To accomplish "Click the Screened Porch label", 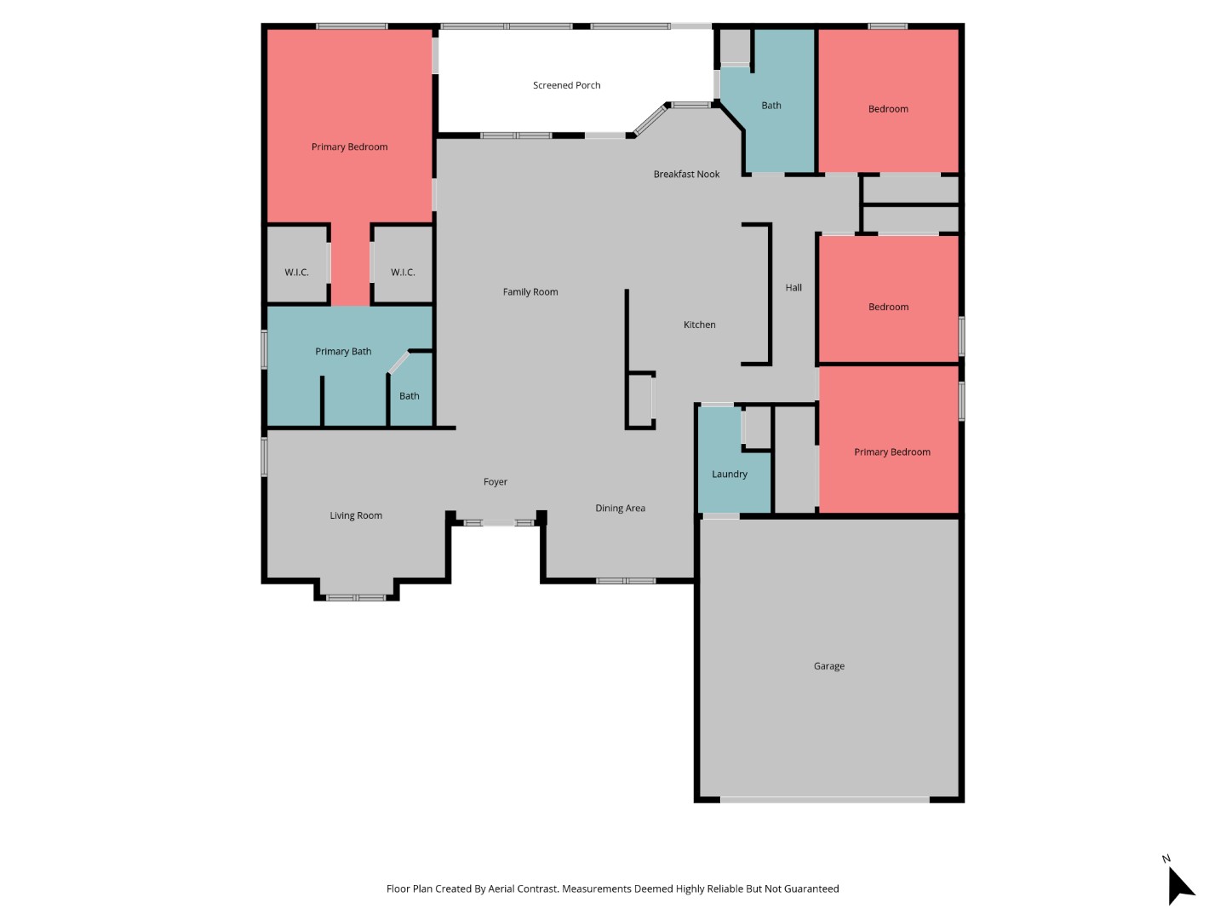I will click(x=566, y=85).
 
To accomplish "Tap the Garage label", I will click(x=828, y=666).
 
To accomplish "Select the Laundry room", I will click(x=730, y=474).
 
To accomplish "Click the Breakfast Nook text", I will click(x=686, y=175).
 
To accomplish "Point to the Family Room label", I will click(x=530, y=292).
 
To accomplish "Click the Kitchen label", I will click(x=699, y=325).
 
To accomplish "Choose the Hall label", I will click(x=793, y=288).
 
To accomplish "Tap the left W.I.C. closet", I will click(x=296, y=273).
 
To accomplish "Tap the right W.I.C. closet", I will click(x=403, y=273).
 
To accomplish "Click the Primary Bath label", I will click(x=343, y=352).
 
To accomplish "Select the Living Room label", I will click(x=356, y=515).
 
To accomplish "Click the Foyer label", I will click(x=495, y=482).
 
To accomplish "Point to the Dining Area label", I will click(x=620, y=509).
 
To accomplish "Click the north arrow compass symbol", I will click(x=1179, y=885).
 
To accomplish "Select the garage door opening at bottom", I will click(x=824, y=800).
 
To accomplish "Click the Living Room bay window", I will click(x=356, y=597).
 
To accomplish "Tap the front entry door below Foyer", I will click(x=499, y=522).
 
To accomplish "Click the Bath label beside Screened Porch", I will click(x=771, y=106).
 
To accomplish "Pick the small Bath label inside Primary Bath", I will click(x=409, y=396).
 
